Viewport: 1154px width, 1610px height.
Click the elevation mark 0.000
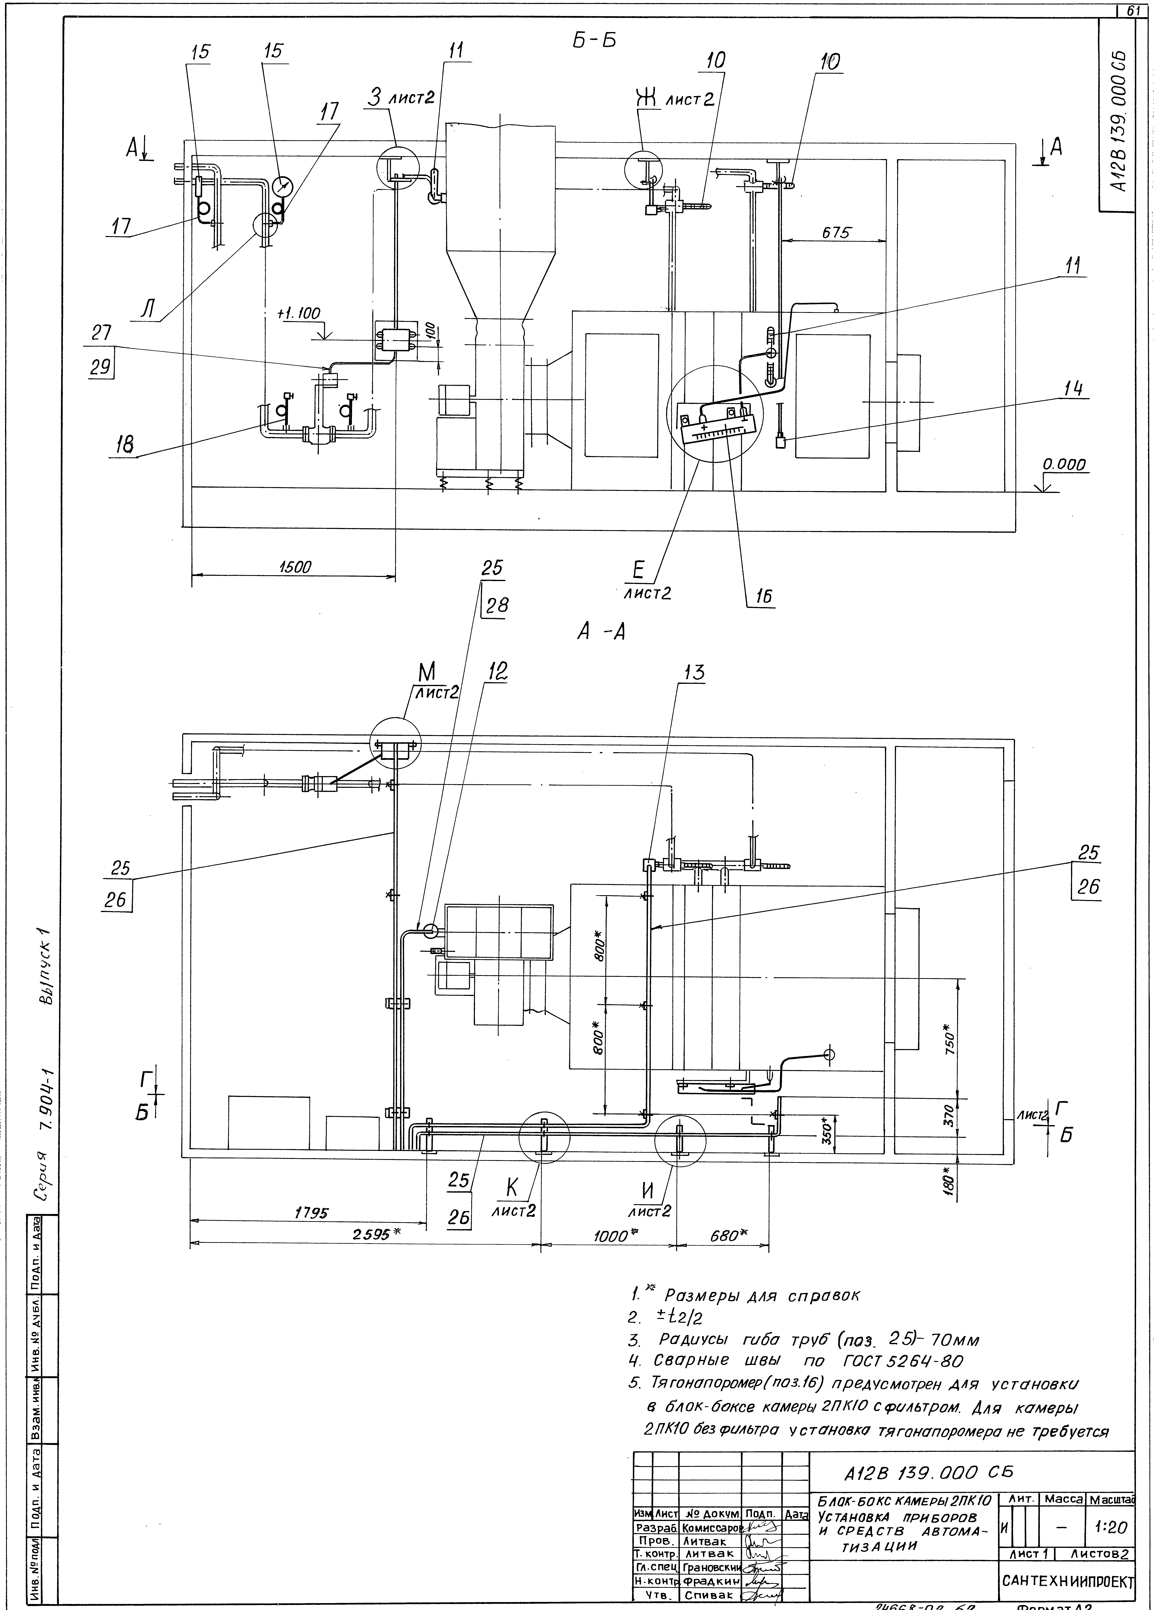tap(1064, 465)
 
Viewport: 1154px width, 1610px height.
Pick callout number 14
tap(1076, 390)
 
